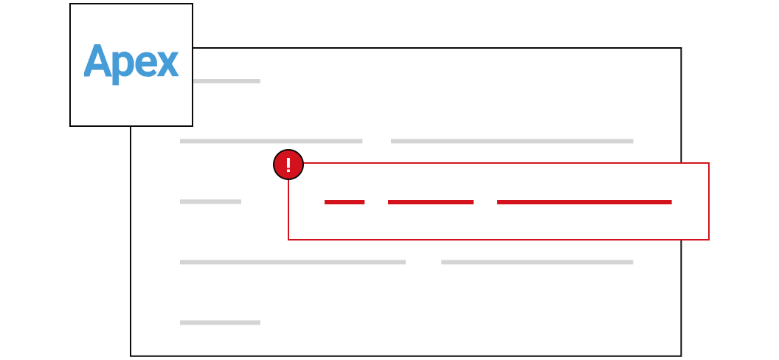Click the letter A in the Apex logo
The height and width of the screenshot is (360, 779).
pos(98,60)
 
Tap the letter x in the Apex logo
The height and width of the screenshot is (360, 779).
pos(168,64)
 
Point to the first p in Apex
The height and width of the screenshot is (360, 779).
pos(123,68)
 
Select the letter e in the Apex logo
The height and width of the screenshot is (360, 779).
pos(146,64)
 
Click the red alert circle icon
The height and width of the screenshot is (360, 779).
pos(288,165)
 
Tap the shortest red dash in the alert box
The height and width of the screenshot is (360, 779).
pos(345,202)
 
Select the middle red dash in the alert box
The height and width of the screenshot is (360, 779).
pos(431,202)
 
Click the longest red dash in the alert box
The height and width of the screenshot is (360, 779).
pos(584,202)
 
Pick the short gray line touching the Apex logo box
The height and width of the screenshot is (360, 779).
pos(226,81)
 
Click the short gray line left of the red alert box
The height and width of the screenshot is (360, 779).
pos(211,201)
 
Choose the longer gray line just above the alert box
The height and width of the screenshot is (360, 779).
pos(512,141)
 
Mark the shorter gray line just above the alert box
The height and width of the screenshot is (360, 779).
pos(271,141)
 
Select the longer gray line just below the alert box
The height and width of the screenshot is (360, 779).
pos(293,262)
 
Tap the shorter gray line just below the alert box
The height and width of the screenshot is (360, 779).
pos(537,262)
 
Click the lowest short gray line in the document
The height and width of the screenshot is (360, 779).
pos(220,323)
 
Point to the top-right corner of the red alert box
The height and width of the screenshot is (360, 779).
pos(708,163)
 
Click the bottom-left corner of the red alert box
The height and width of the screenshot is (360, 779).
pos(288,239)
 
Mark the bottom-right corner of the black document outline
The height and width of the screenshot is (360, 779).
pos(681,356)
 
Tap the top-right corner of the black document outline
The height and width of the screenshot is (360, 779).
pos(681,48)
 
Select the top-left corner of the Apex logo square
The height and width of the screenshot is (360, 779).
pos(70,4)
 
